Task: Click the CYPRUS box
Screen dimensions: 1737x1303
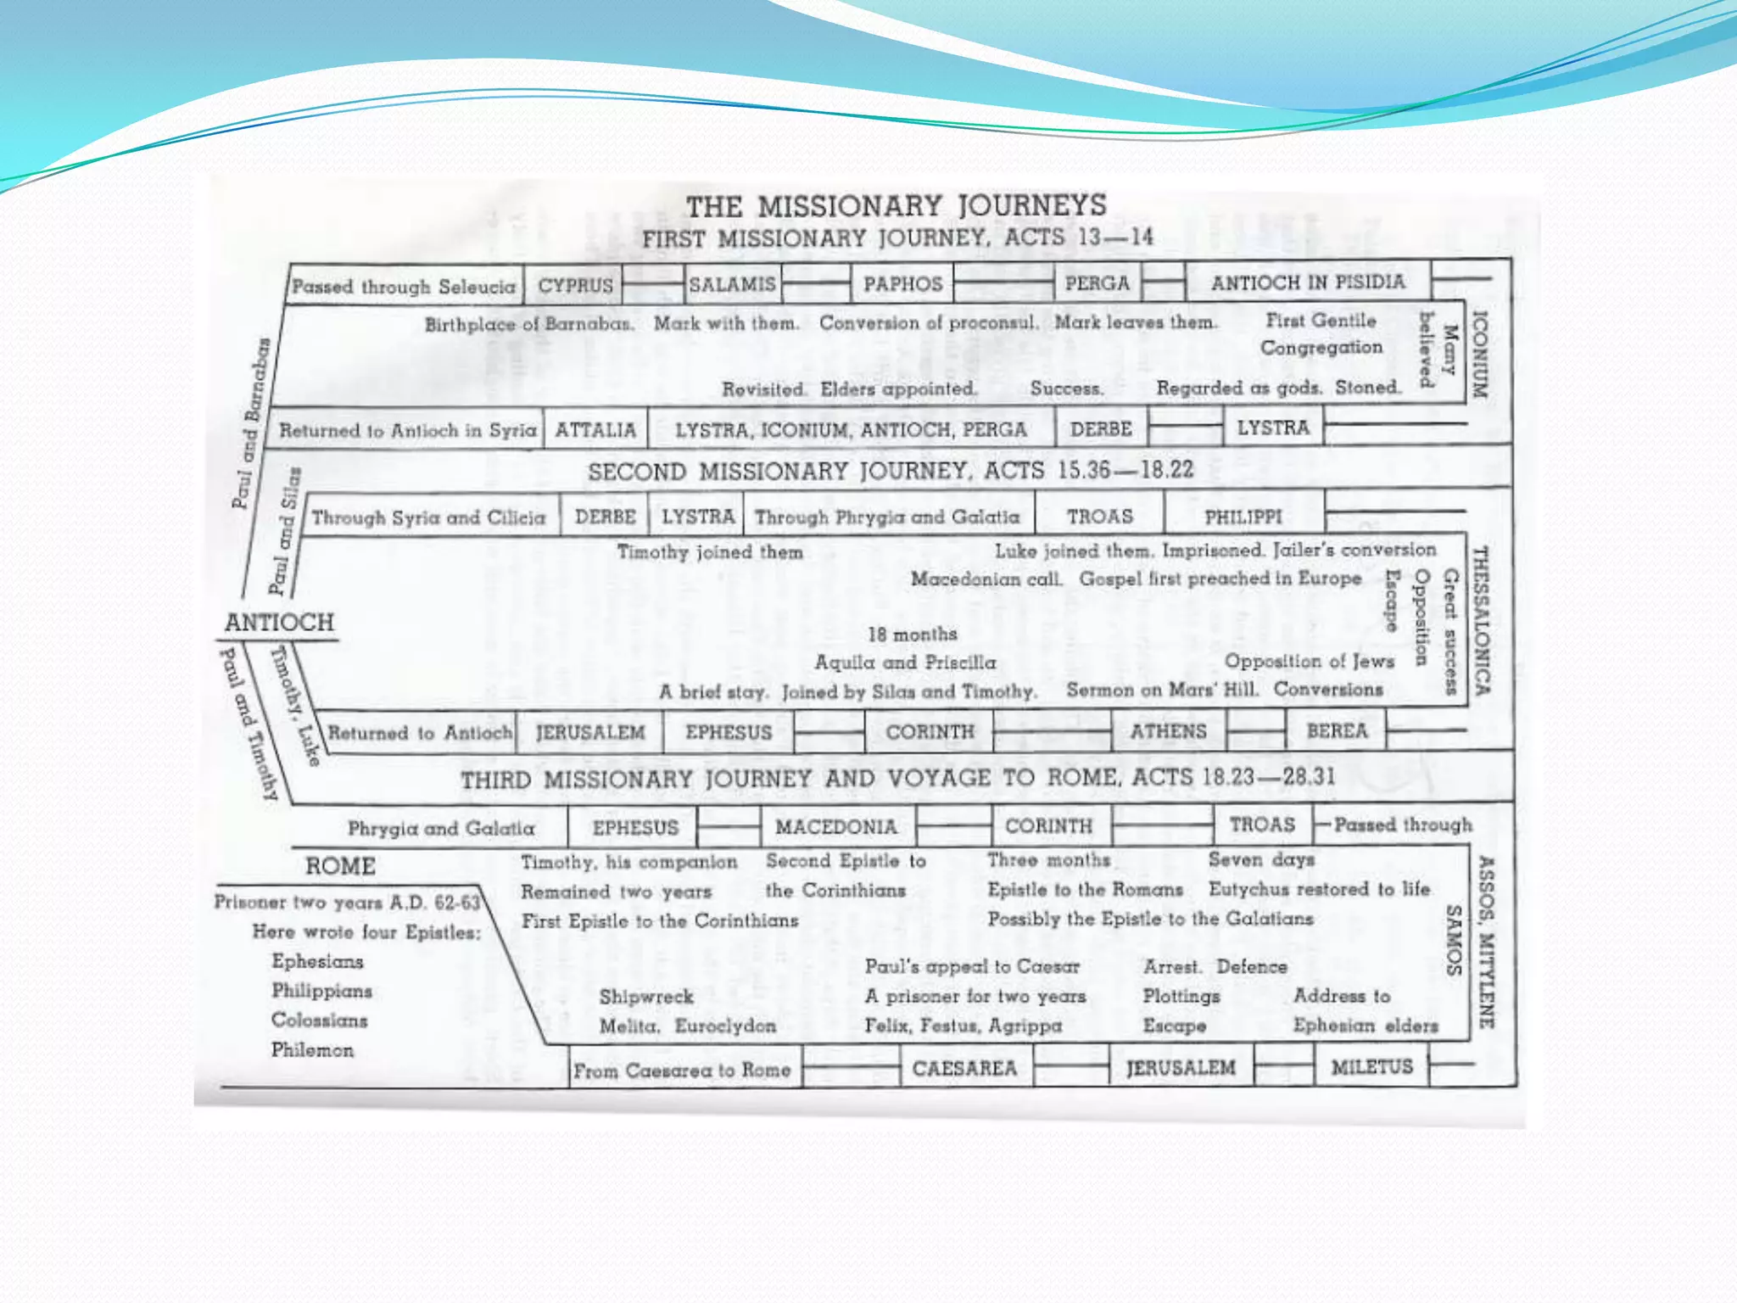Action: point(575,285)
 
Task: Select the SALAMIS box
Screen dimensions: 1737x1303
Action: point(732,284)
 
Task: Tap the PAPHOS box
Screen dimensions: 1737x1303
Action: point(902,284)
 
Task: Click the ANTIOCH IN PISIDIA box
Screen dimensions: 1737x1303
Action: point(1308,282)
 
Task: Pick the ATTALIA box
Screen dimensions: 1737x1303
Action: point(595,430)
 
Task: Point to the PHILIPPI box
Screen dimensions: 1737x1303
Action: point(1243,517)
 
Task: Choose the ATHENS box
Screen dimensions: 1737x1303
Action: point(1168,731)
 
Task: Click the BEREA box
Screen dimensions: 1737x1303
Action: point(1337,731)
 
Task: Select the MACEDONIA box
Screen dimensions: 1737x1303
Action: point(835,826)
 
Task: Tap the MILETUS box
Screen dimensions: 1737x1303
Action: point(1371,1066)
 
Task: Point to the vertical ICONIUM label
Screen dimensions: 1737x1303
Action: point(1479,355)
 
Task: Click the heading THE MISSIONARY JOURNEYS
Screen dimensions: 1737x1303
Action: point(896,206)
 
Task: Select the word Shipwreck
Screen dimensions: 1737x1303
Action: point(646,997)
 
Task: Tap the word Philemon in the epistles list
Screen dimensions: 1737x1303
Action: point(312,1050)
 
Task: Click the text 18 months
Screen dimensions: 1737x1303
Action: point(912,635)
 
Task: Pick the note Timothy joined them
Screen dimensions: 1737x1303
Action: point(710,552)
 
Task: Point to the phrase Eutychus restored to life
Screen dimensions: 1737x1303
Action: point(1319,889)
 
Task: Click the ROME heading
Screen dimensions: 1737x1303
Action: point(340,866)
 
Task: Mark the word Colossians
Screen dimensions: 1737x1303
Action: point(319,1021)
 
